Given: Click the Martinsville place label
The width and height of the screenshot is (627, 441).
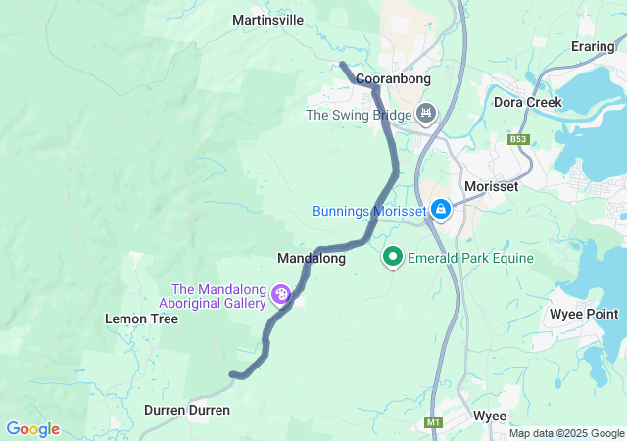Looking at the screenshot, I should point(267,20).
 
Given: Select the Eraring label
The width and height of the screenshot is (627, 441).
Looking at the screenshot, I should point(593,46).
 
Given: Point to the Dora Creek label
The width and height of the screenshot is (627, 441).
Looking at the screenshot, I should point(528,102).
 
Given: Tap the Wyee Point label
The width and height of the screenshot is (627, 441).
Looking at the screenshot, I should point(584,314).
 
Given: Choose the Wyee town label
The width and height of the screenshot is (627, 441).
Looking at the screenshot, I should point(489,416).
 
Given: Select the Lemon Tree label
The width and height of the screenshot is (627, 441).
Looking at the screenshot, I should point(141,318).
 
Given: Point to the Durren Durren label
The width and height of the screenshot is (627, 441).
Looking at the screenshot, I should point(186,410).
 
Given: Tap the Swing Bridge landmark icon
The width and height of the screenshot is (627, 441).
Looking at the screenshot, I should point(425,115).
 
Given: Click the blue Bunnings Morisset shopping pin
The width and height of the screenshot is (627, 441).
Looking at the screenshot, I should point(441,209).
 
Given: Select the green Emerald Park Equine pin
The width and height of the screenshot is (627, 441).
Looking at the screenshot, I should point(394,257).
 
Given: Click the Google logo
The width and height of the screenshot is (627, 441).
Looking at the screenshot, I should point(32,429).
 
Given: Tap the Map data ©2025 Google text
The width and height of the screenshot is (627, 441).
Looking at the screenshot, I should point(565,433).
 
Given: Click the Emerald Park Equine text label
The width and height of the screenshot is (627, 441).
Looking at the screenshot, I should point(472,259).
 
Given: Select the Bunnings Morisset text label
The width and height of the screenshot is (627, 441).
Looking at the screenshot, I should point(368,211).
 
